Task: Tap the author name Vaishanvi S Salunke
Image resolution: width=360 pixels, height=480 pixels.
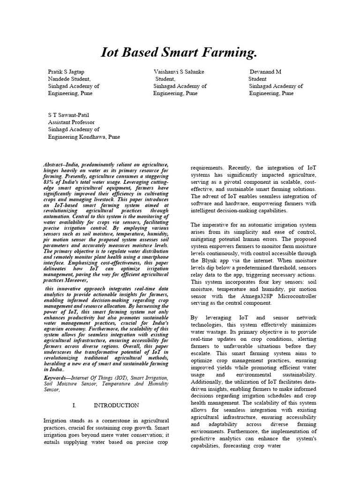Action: tap(179, 72)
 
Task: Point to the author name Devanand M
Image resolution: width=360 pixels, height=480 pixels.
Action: tap(265, 72)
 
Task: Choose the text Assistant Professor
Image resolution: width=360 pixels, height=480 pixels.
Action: tap(72, 122)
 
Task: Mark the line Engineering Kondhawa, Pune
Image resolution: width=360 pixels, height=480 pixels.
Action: tap(84, 137)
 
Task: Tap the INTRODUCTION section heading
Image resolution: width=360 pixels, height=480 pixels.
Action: tap(116, 405)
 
